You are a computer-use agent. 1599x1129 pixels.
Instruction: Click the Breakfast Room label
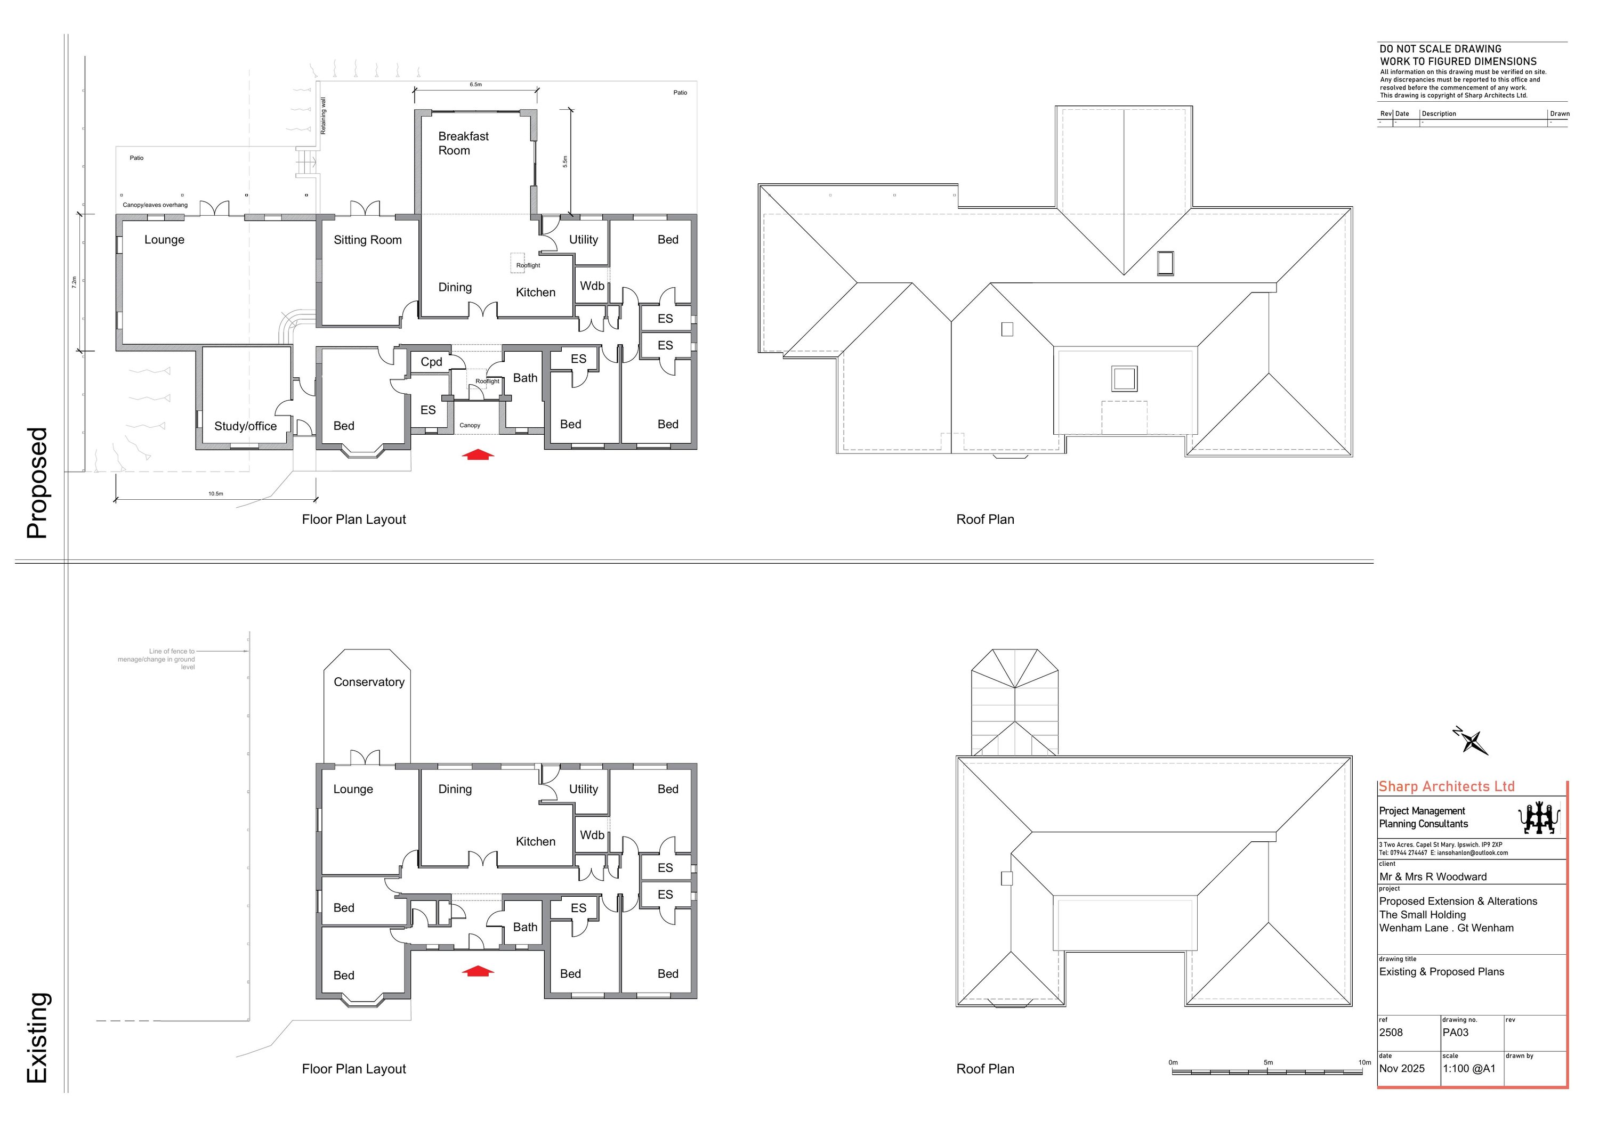click(x=463, y=143)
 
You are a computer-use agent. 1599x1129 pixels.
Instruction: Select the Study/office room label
click(x=245, y=426)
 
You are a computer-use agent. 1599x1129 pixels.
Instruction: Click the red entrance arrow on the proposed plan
click(x=479, y=455)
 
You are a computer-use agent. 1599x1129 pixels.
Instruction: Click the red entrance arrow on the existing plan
click(x=479, y=971)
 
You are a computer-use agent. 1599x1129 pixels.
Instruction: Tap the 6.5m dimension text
click(x=475, y=85)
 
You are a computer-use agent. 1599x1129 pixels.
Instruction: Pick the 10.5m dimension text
click(x=215, y=493)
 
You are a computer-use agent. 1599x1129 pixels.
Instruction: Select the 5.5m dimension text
click(x=565, y=161)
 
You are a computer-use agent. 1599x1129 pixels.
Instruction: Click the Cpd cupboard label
click(x=431, y=362)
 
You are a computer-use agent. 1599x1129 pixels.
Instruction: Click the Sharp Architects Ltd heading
click(x=1447, y=786)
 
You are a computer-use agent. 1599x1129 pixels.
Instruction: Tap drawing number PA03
click(x=1456, y=1032)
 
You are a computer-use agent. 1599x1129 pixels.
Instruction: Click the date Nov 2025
click(x=1402, y=1068)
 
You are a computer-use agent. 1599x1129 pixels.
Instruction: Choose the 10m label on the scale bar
click(x=1364, y=1062)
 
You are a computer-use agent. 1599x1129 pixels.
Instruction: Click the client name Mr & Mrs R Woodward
click(x=1433, y=877)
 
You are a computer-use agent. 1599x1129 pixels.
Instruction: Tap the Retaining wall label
click(x=323, y=116)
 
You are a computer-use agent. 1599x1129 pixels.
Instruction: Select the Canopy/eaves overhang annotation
click(x=155, y=205)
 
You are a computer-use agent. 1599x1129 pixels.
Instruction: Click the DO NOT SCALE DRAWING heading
click(x=1440, y=48)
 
